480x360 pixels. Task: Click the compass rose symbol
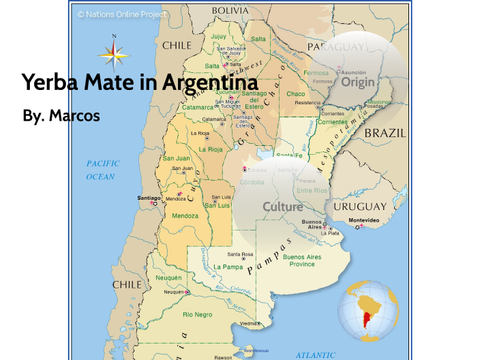[x=114, y=53]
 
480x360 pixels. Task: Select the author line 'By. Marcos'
[x=61, y=116]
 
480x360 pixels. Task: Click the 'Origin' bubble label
[x=358, y=82]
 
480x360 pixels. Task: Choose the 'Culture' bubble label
[x=282, y=207]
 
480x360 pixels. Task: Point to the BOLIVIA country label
[x=230, y=10]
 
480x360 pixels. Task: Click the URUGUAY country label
[x=360, y=206]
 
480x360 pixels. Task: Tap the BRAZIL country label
[x=385, y=134]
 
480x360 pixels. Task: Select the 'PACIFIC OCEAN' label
[x=102, y=170]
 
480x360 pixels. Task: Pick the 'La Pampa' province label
[x=228, y=267]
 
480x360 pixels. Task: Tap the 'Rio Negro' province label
[x=198, y=314]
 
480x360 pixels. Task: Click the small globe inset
[x=369, y=310]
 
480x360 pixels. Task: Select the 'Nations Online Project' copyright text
[x=122, y=14]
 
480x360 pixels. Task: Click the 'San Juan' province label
[x=176, y=158]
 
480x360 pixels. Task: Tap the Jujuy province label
[x=219, y=36]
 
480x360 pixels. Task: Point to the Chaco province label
[x=296, y=93]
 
